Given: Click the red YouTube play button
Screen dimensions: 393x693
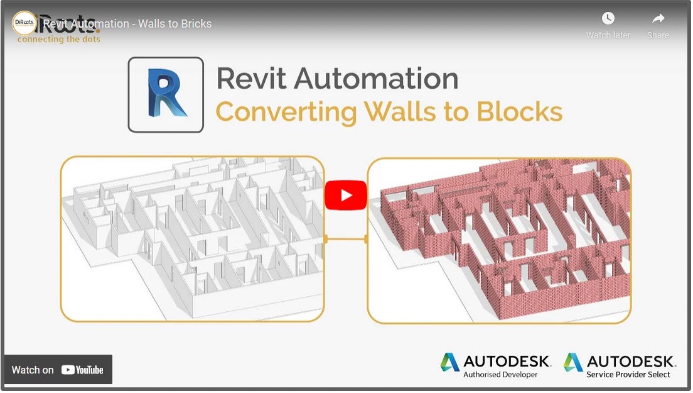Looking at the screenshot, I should (x=345, y=195).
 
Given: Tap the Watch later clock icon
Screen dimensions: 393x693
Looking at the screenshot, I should (x=608, y=18).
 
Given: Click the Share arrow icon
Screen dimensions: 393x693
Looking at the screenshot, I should (x=658, y=18).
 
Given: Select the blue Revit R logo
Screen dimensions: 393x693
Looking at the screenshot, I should (x=166, y=94).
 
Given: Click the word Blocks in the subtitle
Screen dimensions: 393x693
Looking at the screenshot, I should (x=519, y=112).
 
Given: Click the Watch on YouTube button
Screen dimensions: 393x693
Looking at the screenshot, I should (x=58, y=370).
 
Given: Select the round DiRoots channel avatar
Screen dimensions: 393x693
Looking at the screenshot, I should (x=24, y=23).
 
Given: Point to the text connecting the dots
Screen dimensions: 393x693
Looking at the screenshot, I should (x=59, y=39).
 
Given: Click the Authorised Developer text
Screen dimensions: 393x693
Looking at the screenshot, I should (x=500, y=375).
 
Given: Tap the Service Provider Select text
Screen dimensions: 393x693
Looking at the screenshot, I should (x=628, y=375).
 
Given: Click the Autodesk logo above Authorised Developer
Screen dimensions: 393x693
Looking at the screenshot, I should (x=495, y=361).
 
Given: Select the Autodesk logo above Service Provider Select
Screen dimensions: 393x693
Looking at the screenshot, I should (x=619, y=361).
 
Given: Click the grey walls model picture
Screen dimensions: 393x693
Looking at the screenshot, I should (x=192, y=239).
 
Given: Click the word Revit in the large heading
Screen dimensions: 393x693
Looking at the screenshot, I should (x=250, y=79).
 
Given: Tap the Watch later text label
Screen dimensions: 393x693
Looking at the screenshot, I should (x=608, y=35).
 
